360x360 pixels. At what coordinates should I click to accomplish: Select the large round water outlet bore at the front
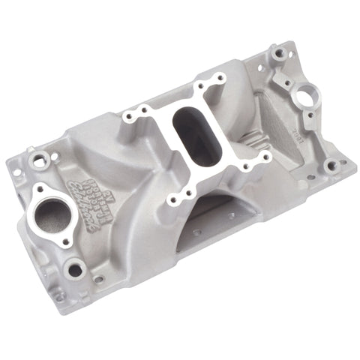click(x=49, y=211)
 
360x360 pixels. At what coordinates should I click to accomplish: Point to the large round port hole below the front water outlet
click(x=74, y=266)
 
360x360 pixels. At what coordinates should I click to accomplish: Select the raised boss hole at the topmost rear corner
click(x=279, y=55)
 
